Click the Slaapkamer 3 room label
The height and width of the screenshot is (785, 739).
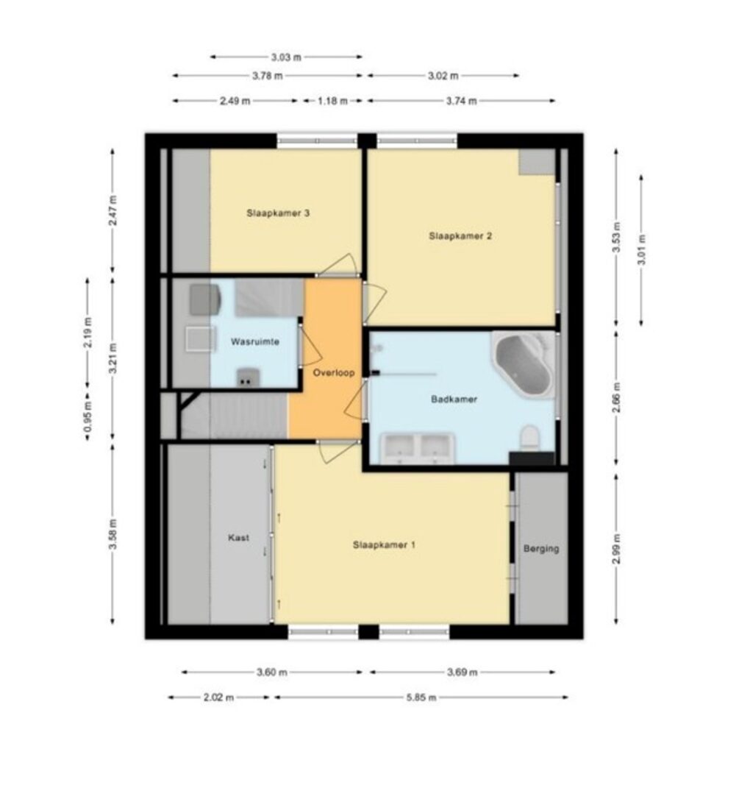(x=278, y=213)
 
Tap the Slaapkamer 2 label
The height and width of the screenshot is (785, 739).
(x=460, y=236)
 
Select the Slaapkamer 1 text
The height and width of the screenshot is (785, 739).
(x=384, y=544)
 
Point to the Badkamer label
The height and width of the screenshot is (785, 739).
(x=454, y=399)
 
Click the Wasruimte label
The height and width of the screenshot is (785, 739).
(x=254, y=342)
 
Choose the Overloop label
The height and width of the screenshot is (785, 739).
(x=334, y=372)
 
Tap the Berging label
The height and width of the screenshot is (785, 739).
(x=541, y=549)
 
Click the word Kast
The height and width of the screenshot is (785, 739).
(x=239, y=538)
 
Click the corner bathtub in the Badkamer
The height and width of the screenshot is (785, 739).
(x=524, y=364)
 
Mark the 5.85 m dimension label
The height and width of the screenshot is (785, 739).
(x=421, y=697)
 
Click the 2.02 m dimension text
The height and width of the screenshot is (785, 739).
(x=218, y=697)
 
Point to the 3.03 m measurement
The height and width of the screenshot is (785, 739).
(x=286, y=57)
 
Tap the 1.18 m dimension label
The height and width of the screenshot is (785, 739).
(x=332, y=101)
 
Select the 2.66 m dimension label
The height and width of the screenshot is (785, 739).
(x=616, y=397)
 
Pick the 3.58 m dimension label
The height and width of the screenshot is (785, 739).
(x=113, y=534)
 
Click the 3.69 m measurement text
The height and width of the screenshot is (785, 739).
(x=462, y=672)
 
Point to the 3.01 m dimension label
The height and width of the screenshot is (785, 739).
(x=642, y=250)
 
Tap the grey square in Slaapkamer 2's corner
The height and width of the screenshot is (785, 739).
(x=537, y=162)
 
